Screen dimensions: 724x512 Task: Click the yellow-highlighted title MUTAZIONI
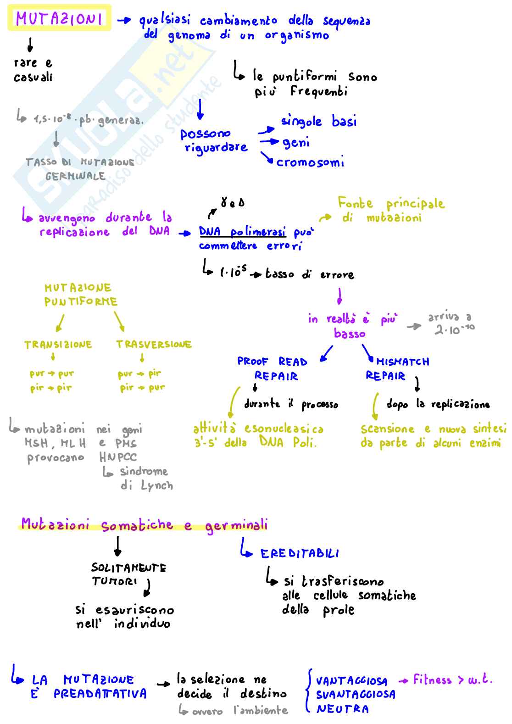pos(59,18)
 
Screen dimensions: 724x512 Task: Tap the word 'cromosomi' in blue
pos(310,162)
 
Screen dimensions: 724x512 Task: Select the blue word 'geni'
pos(296,143)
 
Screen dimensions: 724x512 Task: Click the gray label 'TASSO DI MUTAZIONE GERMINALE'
pos(79,169)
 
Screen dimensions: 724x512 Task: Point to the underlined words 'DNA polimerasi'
pos(242,232)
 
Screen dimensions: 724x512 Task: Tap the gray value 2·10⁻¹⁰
pos(454,329)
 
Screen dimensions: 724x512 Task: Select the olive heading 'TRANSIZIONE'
pos(58,345)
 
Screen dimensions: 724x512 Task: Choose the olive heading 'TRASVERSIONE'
pos(154,345)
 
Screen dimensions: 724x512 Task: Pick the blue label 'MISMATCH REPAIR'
pos(397,368)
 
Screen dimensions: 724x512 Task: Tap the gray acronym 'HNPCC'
pos(118,457)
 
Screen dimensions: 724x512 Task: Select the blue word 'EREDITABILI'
pos(300,554)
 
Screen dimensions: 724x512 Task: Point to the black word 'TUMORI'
pos(114,581)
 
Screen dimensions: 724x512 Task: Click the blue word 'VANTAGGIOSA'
pos(351,681)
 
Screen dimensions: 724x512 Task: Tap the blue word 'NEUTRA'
pos(343,709)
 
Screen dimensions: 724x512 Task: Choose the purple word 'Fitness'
pos(432,679)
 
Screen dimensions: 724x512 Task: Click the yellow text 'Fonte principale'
pos(391,203)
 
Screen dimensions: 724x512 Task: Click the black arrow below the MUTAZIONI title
pos(30,45)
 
